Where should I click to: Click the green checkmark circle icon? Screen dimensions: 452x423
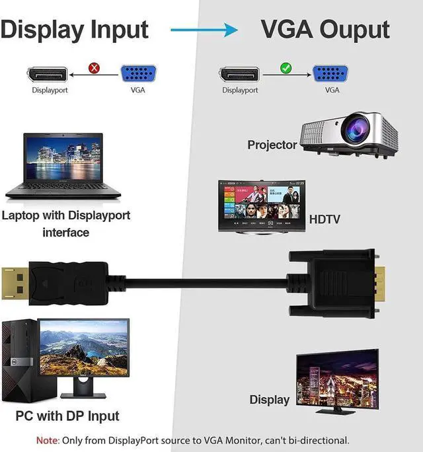tap(286, 67)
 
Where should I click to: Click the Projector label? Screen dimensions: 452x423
tap(272, 145)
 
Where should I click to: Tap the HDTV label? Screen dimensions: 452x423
tap(325, 219)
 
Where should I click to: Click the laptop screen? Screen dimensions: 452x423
tap(63, 159)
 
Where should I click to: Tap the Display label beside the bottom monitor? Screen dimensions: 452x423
tap(269, 399)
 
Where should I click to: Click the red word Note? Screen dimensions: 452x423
tap(47, 440)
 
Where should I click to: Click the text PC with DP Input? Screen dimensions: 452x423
tap(67, 416)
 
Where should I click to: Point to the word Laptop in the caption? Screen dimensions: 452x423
tap(24, 215)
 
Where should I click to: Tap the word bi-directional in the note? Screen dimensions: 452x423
tap(313, 440)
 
